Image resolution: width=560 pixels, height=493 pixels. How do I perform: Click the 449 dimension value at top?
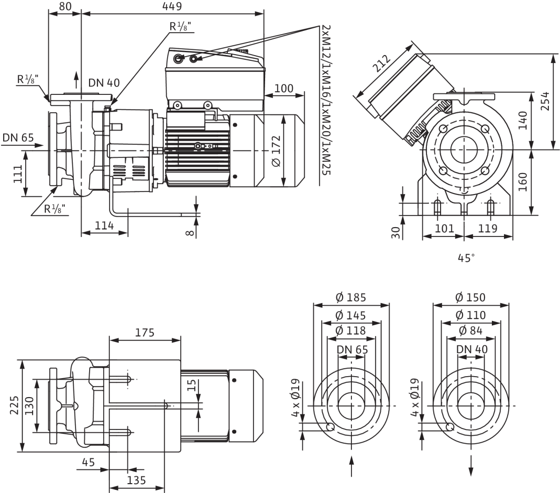pyautogui.click(x=172, y=6)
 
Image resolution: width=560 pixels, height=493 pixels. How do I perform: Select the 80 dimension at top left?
pyautogui.click(x=65, y=6)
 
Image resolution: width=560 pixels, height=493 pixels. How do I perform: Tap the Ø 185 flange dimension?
pyautogui.click(x=351, y=298)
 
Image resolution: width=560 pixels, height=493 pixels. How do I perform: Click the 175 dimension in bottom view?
pyautogui.click(x=145, y=333)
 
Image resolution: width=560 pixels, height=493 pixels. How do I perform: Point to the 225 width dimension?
pyautogui.click(x=14, y=406)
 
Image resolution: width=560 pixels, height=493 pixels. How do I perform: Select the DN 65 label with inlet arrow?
pyautogui.click(x=18, y=137)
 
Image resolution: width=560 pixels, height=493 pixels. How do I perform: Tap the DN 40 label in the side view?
pyautogui.click(x=104, y=83)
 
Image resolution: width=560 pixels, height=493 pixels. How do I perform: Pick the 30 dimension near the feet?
pyautogui.click(x=397, y=233)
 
